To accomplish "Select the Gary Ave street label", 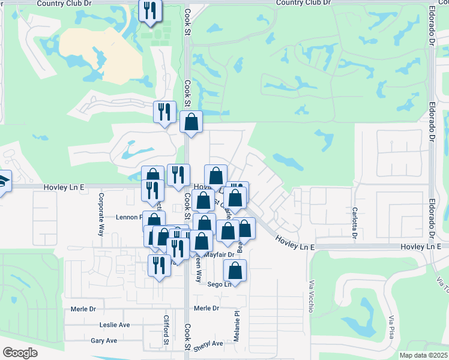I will (103, 340).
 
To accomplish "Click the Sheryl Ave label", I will (208, 344).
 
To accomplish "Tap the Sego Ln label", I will (219, 284).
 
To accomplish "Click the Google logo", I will (19, 353).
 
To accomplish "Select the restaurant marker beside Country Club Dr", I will (149, 10).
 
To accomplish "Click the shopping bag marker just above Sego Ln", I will (235, 271).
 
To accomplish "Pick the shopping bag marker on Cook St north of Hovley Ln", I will (191, 122).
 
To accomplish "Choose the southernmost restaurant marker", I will (159, 265).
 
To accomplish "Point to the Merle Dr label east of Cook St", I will (206, 308).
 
